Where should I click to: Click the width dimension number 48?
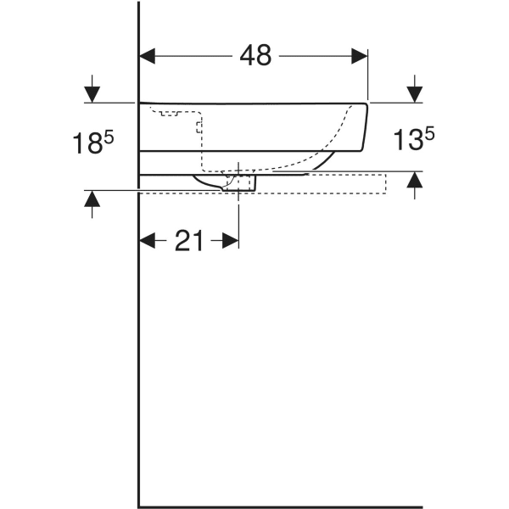coord(255,55)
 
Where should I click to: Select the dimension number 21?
coord(189,242)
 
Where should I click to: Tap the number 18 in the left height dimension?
coord(84,144)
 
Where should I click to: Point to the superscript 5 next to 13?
coord(430,133)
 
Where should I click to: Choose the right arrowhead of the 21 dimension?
coord(230,241)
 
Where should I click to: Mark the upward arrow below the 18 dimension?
coord(92,201)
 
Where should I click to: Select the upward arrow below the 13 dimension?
coord(414,181)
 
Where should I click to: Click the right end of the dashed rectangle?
coord(384,183)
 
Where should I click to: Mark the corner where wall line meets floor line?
coord(138,506)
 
